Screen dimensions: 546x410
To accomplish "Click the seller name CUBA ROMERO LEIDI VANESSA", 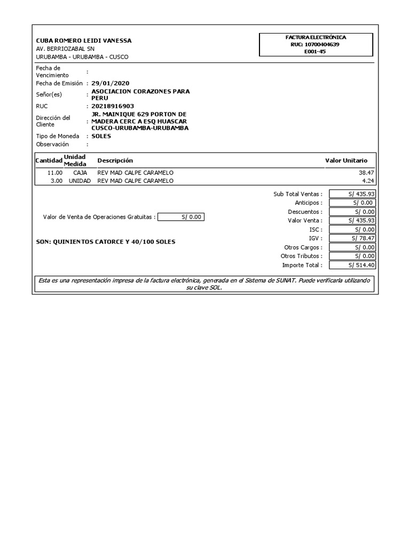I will (83, 41).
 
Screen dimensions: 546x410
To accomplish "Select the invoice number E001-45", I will (315, 52).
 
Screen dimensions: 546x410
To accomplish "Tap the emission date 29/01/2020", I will (110, 83).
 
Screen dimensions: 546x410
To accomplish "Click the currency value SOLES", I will (101, 136).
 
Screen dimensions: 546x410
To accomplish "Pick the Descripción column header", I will (115, 160).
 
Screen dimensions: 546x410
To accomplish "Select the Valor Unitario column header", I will (346, 160).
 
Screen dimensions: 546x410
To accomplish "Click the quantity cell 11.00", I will (55, 173).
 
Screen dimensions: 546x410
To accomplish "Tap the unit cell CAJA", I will (80, 173).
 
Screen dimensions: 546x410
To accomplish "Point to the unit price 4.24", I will (369, 181).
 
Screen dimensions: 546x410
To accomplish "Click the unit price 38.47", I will (368, 173).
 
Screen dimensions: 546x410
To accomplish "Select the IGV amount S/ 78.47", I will (352, 238).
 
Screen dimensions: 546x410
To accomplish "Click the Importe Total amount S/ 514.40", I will (352, 265).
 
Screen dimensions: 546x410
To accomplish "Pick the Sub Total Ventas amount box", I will (352, 194).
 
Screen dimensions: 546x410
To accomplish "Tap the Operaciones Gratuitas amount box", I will (182, 217).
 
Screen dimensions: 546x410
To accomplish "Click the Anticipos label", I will (309, 203).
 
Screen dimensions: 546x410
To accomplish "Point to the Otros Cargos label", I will (303, 247).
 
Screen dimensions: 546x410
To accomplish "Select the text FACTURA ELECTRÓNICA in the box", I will (316, 37).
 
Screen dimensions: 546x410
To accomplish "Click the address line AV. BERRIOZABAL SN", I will (65, 49).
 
